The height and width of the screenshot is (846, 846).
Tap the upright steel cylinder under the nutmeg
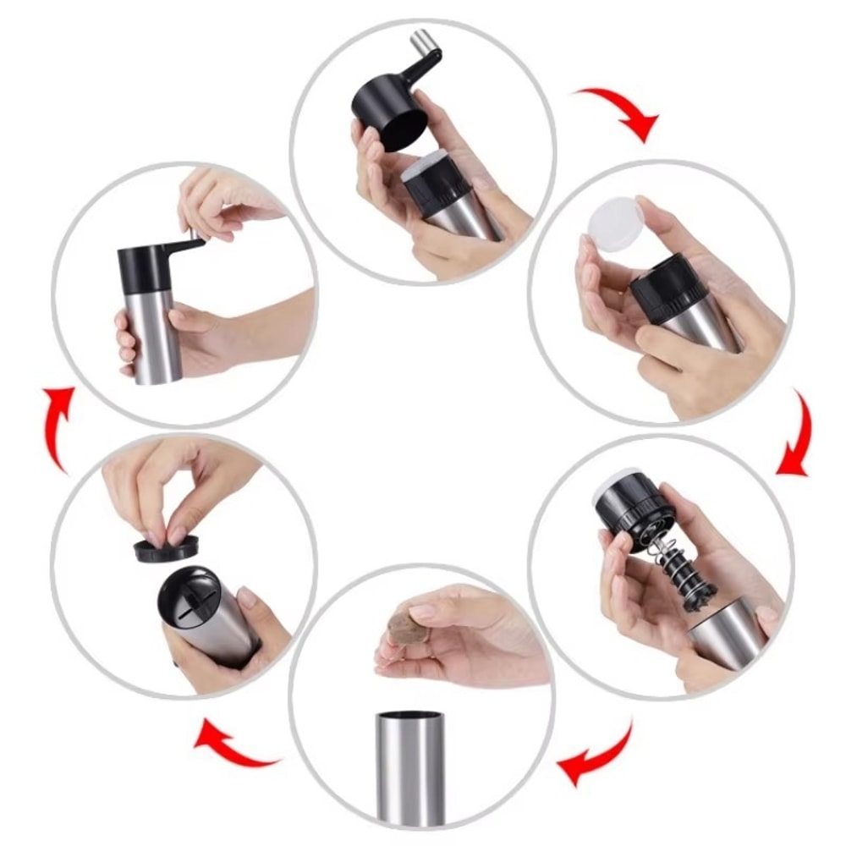(410, 766)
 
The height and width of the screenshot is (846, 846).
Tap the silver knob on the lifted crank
(420, 42)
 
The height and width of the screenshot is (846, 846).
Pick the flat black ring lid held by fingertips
(166, 549)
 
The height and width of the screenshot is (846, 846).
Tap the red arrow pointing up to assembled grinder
(58, 426)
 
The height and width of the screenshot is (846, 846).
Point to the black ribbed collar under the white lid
(668, 287)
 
